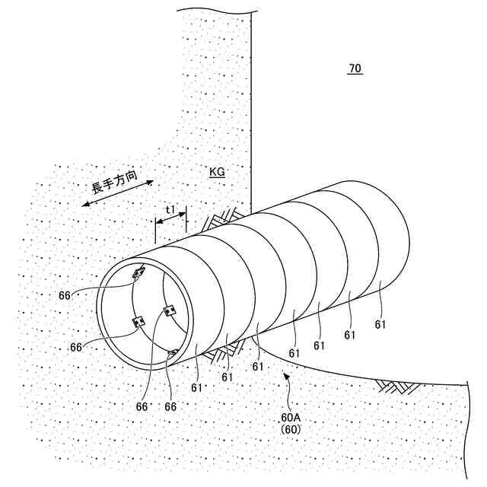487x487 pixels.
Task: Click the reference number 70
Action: pyautogui.click(x=355, y=69)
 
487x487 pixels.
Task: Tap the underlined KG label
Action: pyautogui.click(x=217, y=173)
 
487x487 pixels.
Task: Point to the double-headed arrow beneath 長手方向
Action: pyautogui.click(x=118, y=193)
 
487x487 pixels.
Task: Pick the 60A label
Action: pyautogui.click(x=289, y=418)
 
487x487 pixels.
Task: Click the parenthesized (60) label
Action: pyautogui.click(x=289, y=429)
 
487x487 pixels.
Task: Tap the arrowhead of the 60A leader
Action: pyautogui.click(x=285, y=372)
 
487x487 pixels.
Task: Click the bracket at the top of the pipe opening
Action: pyautogui.click(x=138, y=272)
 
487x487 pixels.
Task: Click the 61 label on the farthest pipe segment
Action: pyautogui.click(x=380, y=325)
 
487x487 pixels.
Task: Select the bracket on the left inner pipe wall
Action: pyautogui.click(x=138, y=322)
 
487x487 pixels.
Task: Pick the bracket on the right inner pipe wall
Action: pyautogui.click(x=170, y=310)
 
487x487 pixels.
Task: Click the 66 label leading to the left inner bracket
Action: pyautogui.click(x=76, y=347)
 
